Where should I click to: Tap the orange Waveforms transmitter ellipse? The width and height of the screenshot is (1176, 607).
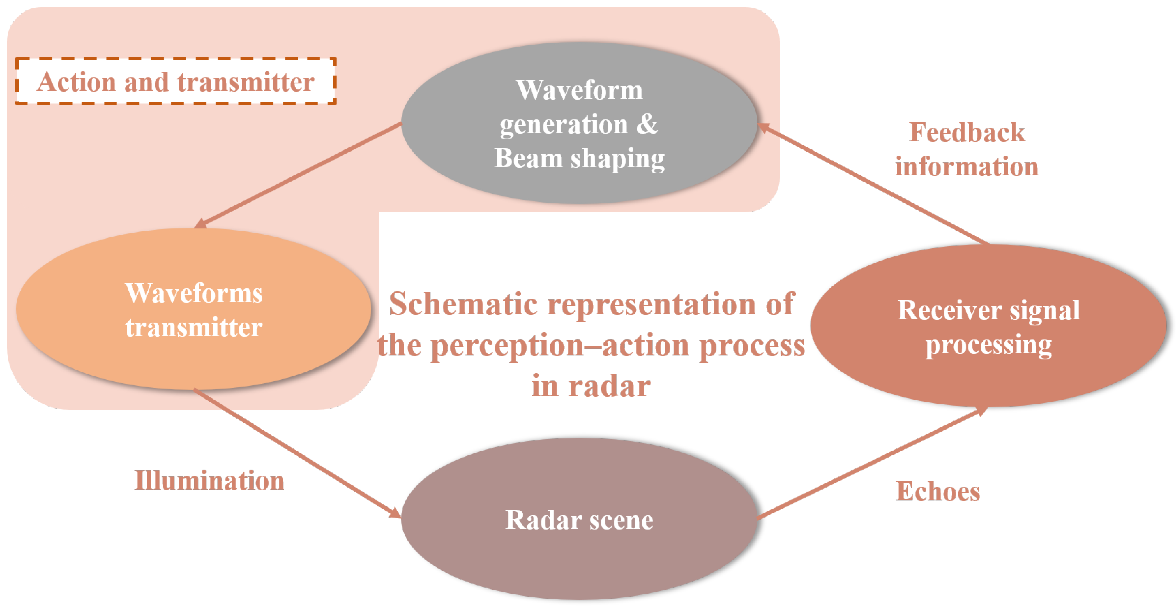194,361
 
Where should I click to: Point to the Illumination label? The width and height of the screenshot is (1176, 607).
209,481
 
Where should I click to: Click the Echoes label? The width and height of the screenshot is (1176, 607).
938,491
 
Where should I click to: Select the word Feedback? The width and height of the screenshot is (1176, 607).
967,133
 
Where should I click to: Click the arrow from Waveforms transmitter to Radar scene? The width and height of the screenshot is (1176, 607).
297,453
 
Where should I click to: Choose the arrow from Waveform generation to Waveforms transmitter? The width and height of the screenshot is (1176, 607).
299,175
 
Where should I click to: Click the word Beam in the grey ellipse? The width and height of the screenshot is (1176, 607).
528,159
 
